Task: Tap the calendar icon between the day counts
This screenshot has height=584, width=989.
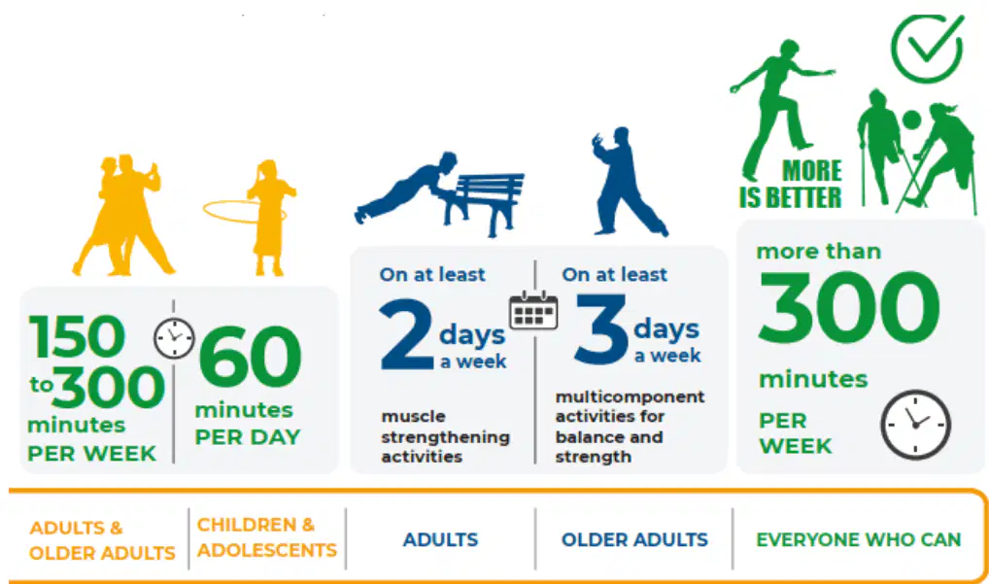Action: [533, 310]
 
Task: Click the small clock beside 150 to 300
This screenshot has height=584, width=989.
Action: [174, 338]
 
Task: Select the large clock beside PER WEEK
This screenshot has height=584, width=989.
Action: [915, 425]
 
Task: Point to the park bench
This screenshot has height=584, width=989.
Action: [485, 200]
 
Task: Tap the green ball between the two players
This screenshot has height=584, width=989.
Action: [911, 120]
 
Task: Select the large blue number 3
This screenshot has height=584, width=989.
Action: [601, 328]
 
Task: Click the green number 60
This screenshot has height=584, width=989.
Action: [251, 357]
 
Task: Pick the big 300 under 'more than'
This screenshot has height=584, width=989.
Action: [849, 307]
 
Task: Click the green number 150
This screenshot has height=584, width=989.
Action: [77, 336]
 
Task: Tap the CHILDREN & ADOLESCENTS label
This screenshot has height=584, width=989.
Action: [267, 537]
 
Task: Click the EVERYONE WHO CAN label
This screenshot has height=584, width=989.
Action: [859, 540]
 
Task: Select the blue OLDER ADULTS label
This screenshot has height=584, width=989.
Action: [634, 540]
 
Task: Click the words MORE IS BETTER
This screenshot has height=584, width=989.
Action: [791, 185]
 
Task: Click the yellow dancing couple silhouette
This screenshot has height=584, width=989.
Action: [123, 215]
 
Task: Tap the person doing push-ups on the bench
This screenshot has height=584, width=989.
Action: [408, 187]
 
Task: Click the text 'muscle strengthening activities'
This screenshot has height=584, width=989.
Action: [445, 436]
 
